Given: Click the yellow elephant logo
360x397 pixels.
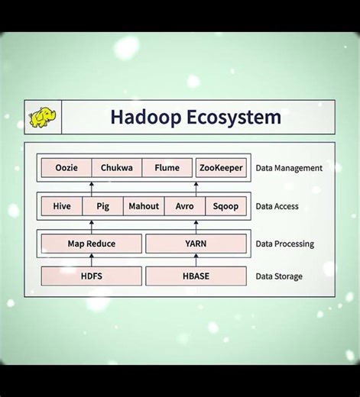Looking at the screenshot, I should pyautogui.click(x=43, y=118).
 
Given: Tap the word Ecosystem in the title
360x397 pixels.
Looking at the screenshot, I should pyautogui.click(x=233, y=118).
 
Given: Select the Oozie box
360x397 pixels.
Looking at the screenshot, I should pyautogui.click(x=66, y=168).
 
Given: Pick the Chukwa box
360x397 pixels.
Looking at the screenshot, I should pyautogui.click(x=117, y=168).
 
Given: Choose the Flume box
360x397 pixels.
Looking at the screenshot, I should pyautogui.click(x=167, y=168).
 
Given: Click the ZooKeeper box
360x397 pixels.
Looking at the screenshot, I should pyautogui.click(x=221, y=168).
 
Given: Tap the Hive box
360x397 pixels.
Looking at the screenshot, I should pyautogui.click(x=62, y=206).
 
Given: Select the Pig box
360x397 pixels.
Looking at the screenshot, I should pyautogui.click(x=103, y=206).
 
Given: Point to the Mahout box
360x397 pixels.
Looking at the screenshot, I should pyautogui.click(x=144, y=206).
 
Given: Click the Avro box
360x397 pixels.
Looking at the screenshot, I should pyautogui.click(x=184, y=206).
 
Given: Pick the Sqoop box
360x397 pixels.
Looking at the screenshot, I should pyautogui.click(x=225, y=206).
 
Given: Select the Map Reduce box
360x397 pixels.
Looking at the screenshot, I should pyautogui.click(x=92, y=244).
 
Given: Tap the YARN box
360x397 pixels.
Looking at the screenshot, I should pyautogui.click(x=196, y=244).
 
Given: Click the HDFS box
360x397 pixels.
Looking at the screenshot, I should pyautogui.click(x=92, y=276).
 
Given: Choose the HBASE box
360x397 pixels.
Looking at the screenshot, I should pyautogui.click(x=196, y=276).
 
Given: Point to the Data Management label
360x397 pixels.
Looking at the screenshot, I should pyautogui.click(x=289, y=168).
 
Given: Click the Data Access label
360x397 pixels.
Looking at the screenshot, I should pyautogui.click(x=277, y=206).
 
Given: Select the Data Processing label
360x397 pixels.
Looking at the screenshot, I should pyautogui.click(x=284, y=244).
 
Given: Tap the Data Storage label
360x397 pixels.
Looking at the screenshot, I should pyautogui.click(x=278, y=276).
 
